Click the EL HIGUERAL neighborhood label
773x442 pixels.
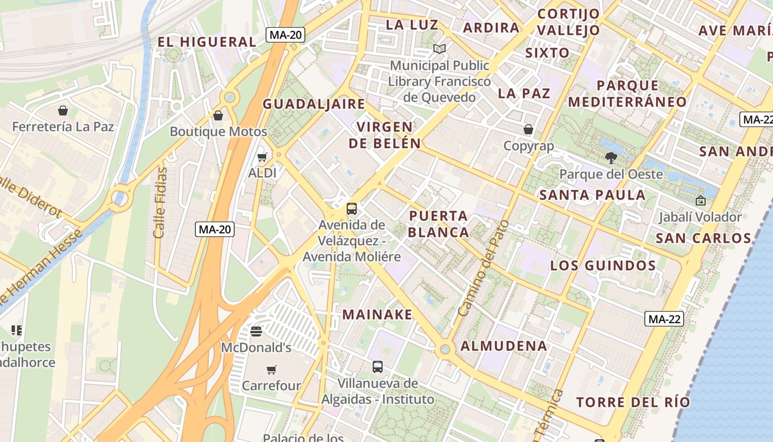(207, 42)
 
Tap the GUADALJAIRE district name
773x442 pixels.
(314, 104)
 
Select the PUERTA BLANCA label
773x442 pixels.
(439, 224)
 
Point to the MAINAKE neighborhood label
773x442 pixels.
(378, 314)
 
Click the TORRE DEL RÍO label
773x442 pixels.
(633, 402)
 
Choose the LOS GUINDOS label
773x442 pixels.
(603, 265)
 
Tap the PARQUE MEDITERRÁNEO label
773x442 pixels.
(627, 94)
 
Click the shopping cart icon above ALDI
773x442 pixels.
(262, 157)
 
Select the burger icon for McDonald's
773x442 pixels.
(256, 331)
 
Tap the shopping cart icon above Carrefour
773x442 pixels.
(271, 370)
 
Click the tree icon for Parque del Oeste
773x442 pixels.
(611, 158)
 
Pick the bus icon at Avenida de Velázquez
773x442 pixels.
(352, 209)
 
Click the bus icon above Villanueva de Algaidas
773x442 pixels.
(378, 366)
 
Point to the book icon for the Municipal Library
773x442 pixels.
(440, 49)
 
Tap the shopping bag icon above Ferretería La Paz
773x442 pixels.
(63, 110)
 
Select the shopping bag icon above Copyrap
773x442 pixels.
(528, 130)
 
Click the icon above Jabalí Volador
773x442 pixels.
(701, 201)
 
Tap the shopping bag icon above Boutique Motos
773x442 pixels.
(218, 115)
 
